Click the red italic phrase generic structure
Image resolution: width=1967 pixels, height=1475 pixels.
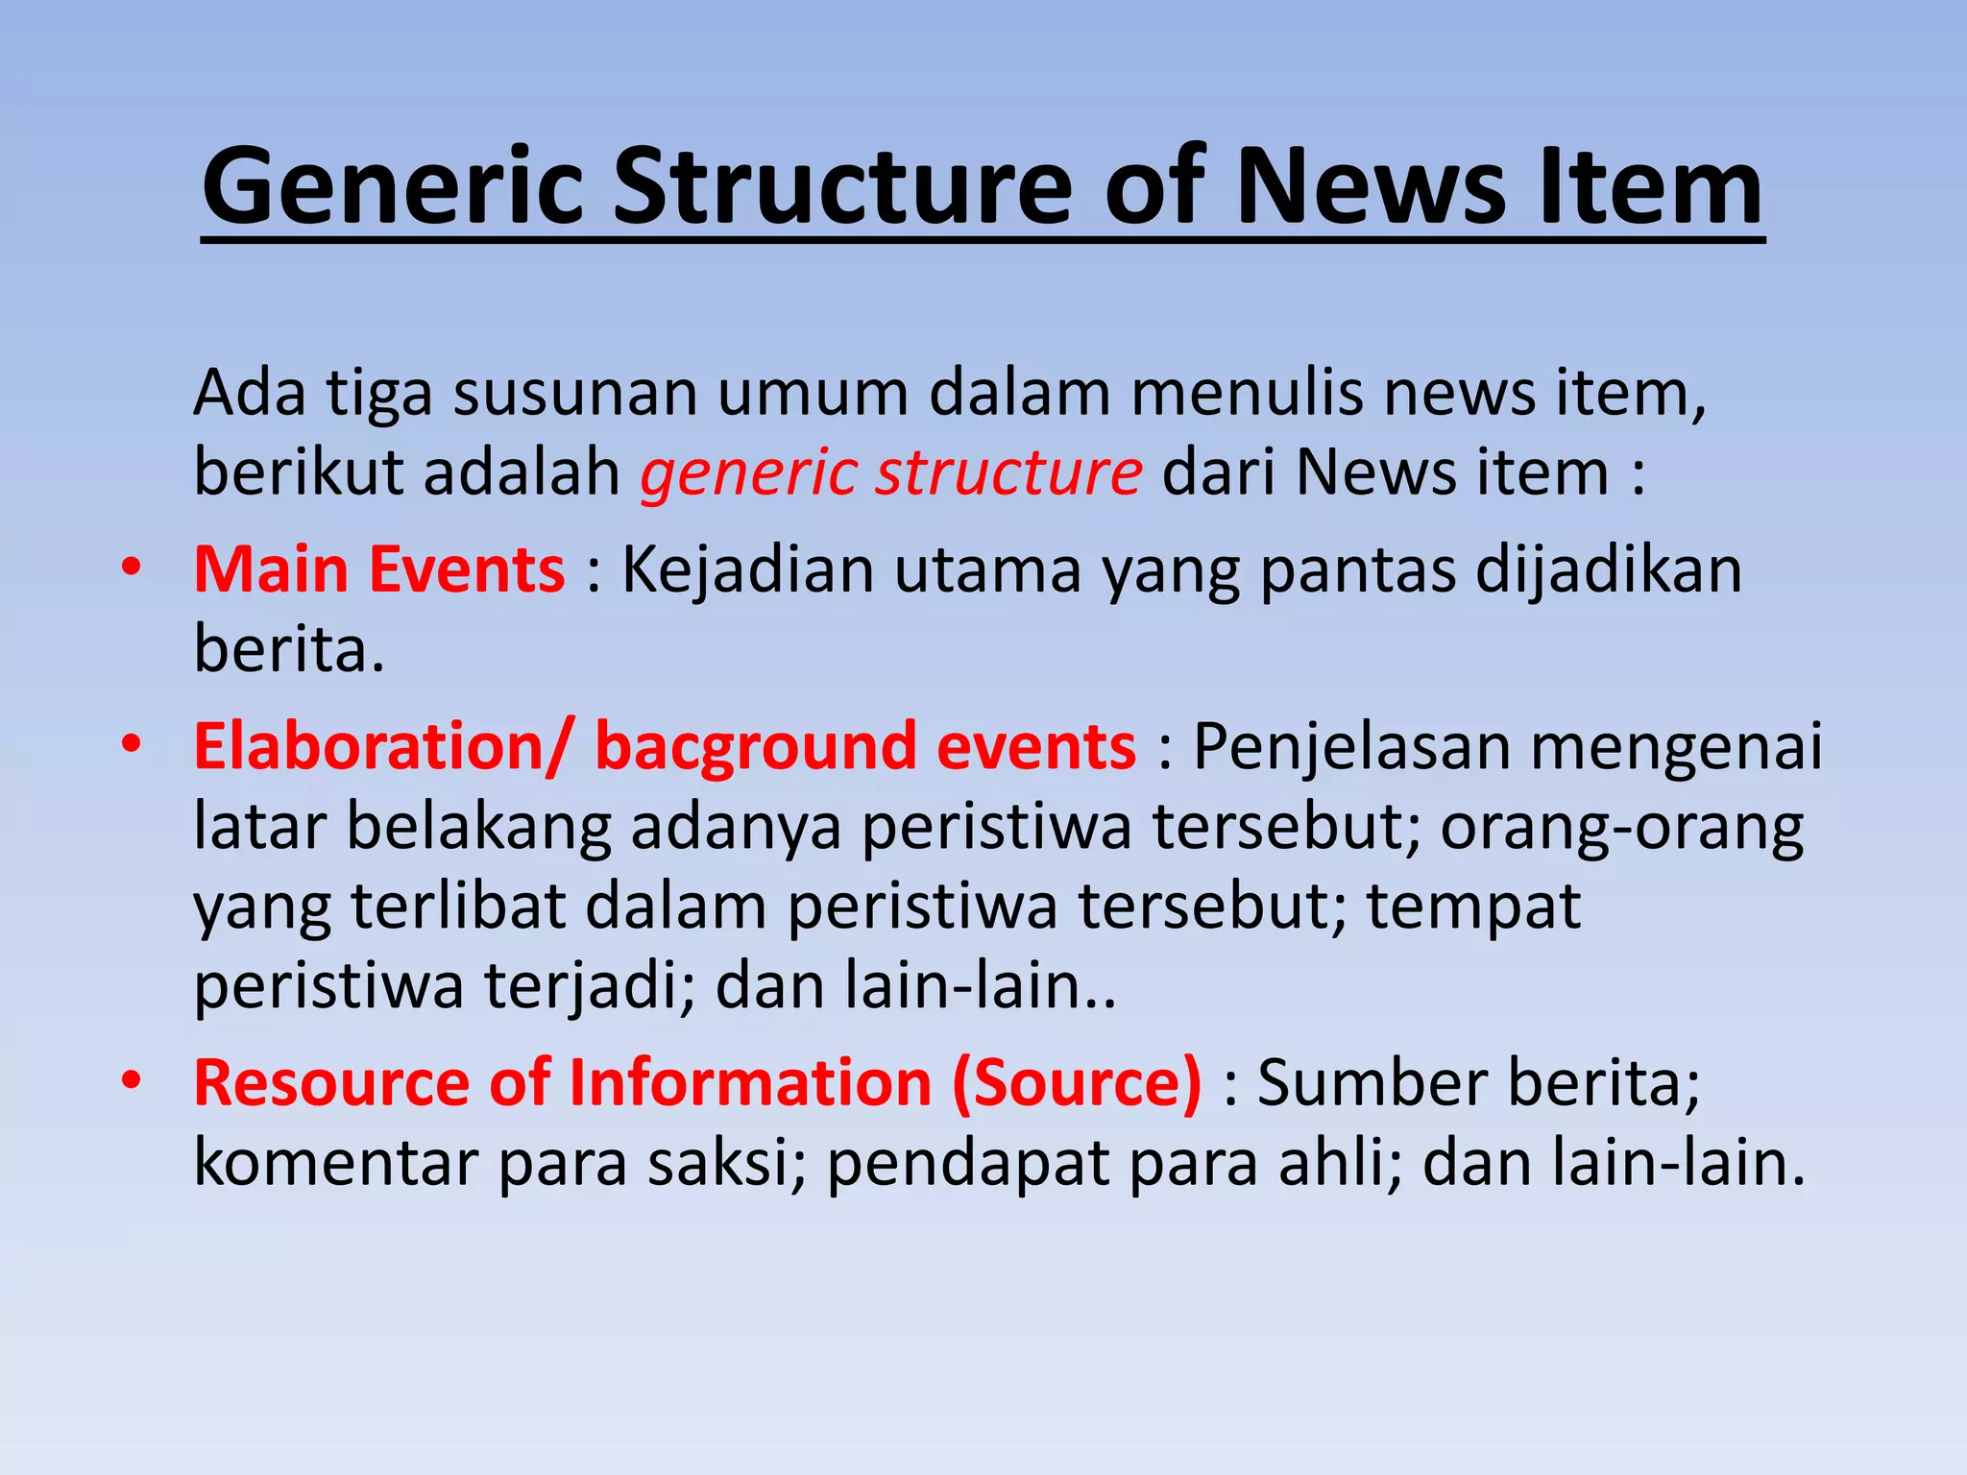pyautogui.click(x=891, y=472)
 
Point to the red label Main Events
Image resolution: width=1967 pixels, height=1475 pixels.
pyautogui.click(x=379, y=569)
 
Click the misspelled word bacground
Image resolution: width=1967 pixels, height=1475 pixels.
pyautogui.click(x=755, y=746)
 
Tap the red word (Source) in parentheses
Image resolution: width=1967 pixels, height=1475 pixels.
pyautogui.click(x=1077, y=1082)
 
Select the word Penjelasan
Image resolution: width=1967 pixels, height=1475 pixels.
pyautogui.click(x=1351, y=747)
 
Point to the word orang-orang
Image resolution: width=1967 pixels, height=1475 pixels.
pyautogui.click(x=1621, y=827)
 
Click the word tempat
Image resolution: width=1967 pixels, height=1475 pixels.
pyautogui.click(x=1473, y=907)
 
